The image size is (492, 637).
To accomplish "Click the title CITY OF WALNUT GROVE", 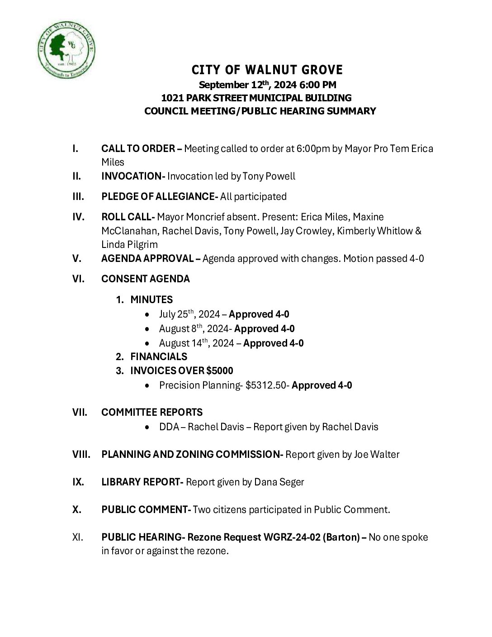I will [267, 70].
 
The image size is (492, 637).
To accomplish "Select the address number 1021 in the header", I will [171, 98].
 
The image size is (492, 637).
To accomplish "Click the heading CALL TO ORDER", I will [138, 148].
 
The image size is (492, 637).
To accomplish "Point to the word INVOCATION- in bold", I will [133, 176].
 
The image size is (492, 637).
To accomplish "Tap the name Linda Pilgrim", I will [129, 245].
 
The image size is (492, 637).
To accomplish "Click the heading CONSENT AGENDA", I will [146, 279].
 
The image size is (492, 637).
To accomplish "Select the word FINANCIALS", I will [159, 357].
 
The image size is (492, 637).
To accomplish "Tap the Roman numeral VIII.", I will [81, 454].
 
